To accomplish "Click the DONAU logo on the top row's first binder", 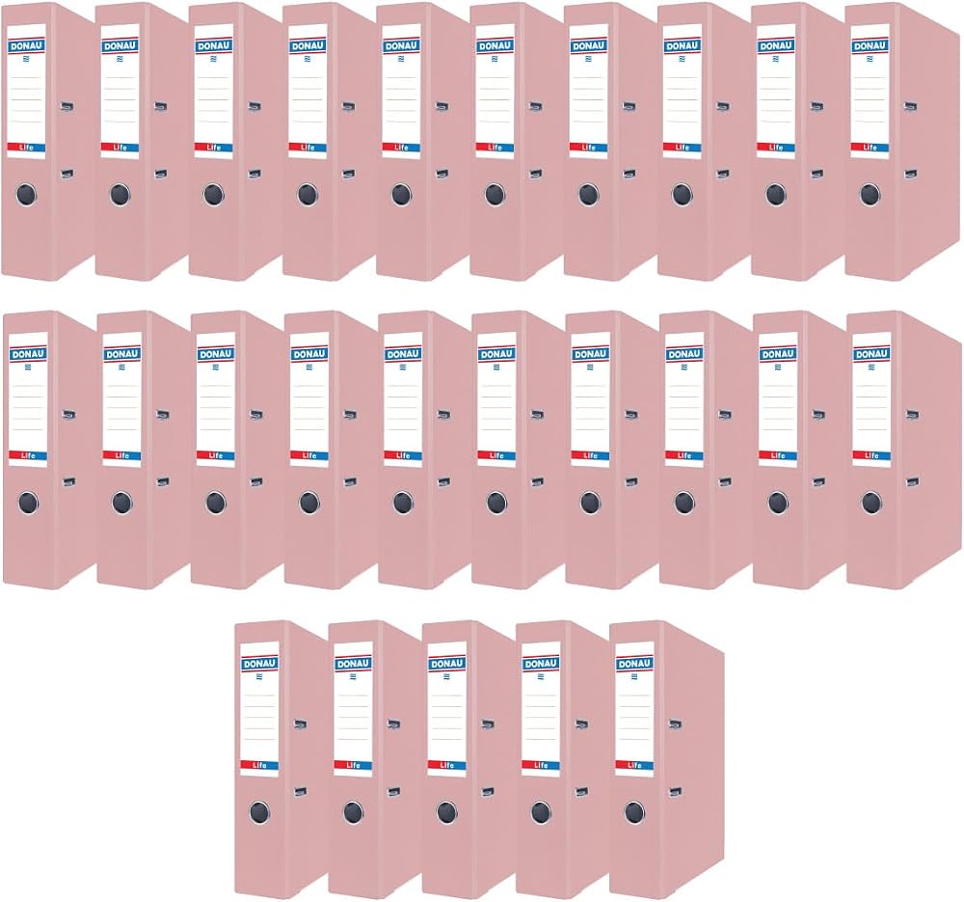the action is [x=26, y=46].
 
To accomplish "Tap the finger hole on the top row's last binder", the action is [x=870, y=195].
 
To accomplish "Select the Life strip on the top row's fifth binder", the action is [x=401, y=148].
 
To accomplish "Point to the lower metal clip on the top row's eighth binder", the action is [x=723, y=174].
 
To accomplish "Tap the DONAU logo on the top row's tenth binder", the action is [x=870, y=46].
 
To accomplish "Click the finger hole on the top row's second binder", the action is [x=120, y=195].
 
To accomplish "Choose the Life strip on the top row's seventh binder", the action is [x=588, y=148].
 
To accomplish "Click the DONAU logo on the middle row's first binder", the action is [x=28, y=354].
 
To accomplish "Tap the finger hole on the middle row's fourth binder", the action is [x=309, y=503].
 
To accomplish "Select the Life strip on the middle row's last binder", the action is [x=871, y=456].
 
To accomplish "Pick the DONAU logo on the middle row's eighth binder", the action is [x=683, y=354].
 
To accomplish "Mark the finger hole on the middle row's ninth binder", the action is [x=778, y=503].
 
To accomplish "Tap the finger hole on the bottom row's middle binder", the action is [x=447, y=812].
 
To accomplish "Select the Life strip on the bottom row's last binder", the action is [x=634, y=765].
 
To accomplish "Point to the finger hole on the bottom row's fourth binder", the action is [x=541, y=812].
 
